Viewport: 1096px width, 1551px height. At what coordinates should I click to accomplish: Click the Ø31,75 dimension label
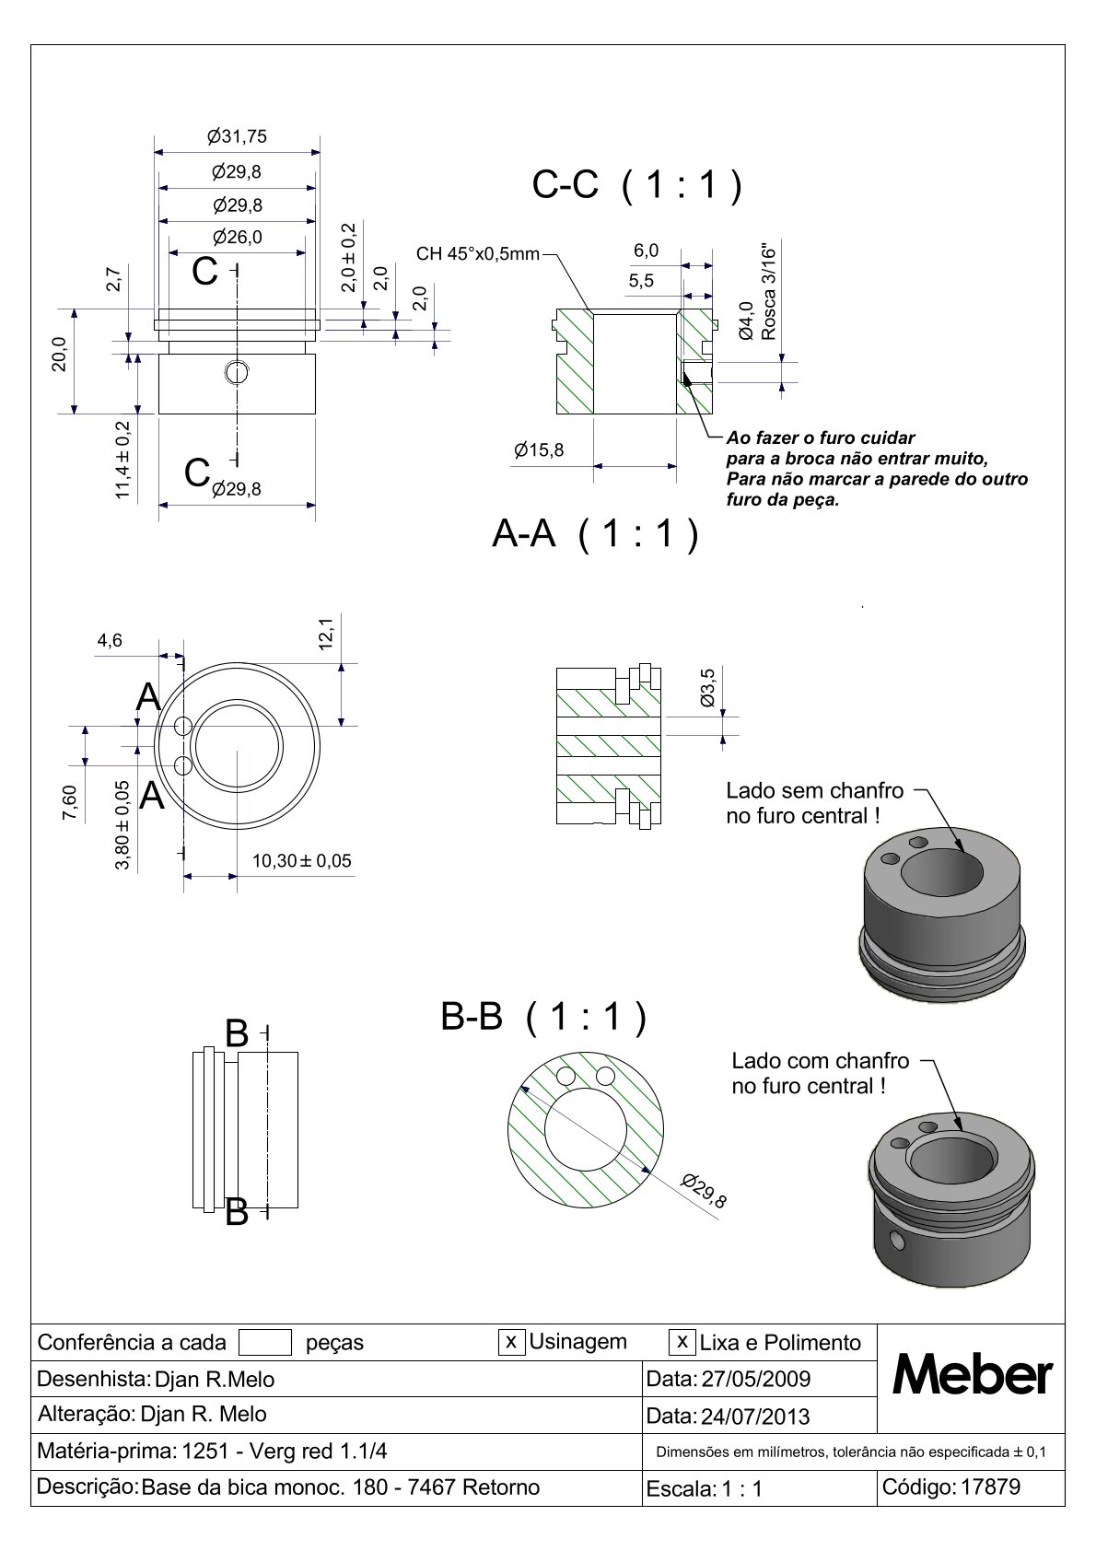point(237,136)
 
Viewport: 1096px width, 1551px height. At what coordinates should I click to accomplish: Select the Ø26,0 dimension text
point(237,237)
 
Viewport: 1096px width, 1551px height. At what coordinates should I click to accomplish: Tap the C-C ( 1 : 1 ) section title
point(637,186)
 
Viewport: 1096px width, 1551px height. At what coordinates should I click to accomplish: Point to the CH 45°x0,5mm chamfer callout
point(477,253)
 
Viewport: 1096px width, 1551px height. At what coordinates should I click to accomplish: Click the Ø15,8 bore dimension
point(539,450)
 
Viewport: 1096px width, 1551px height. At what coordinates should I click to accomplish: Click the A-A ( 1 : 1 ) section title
point(596,534)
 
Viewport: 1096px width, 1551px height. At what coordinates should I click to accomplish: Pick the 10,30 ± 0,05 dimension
point(301,861)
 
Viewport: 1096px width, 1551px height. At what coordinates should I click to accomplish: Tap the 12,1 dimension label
point(326,634)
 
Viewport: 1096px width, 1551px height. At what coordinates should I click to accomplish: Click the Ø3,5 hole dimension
point(707,688)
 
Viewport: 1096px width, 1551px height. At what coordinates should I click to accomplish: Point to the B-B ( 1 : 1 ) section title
point(543,1018)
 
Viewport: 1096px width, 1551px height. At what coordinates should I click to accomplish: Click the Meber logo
point(972,1376)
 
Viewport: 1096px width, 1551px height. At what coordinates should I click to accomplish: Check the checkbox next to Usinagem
point(511,1342)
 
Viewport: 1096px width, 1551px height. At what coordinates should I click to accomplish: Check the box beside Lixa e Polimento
point(682,1342)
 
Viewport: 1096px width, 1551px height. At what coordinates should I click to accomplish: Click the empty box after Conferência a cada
point(264,1343)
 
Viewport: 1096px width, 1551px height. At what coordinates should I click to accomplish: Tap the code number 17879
point(990,1487)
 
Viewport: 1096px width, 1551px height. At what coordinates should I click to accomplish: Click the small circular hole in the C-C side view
point(237,372)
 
